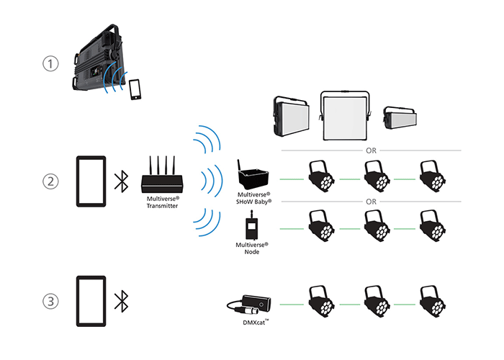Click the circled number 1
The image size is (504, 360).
tap(50, 65)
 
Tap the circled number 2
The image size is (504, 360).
tap(50, 180)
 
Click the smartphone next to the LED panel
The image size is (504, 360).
tap(135, 90)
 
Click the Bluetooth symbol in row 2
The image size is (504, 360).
tap(123, 180)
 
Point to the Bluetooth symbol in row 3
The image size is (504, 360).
tap(123, 298)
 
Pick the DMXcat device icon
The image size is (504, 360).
tap(251, 305)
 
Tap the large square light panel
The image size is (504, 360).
tap(347, 115)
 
